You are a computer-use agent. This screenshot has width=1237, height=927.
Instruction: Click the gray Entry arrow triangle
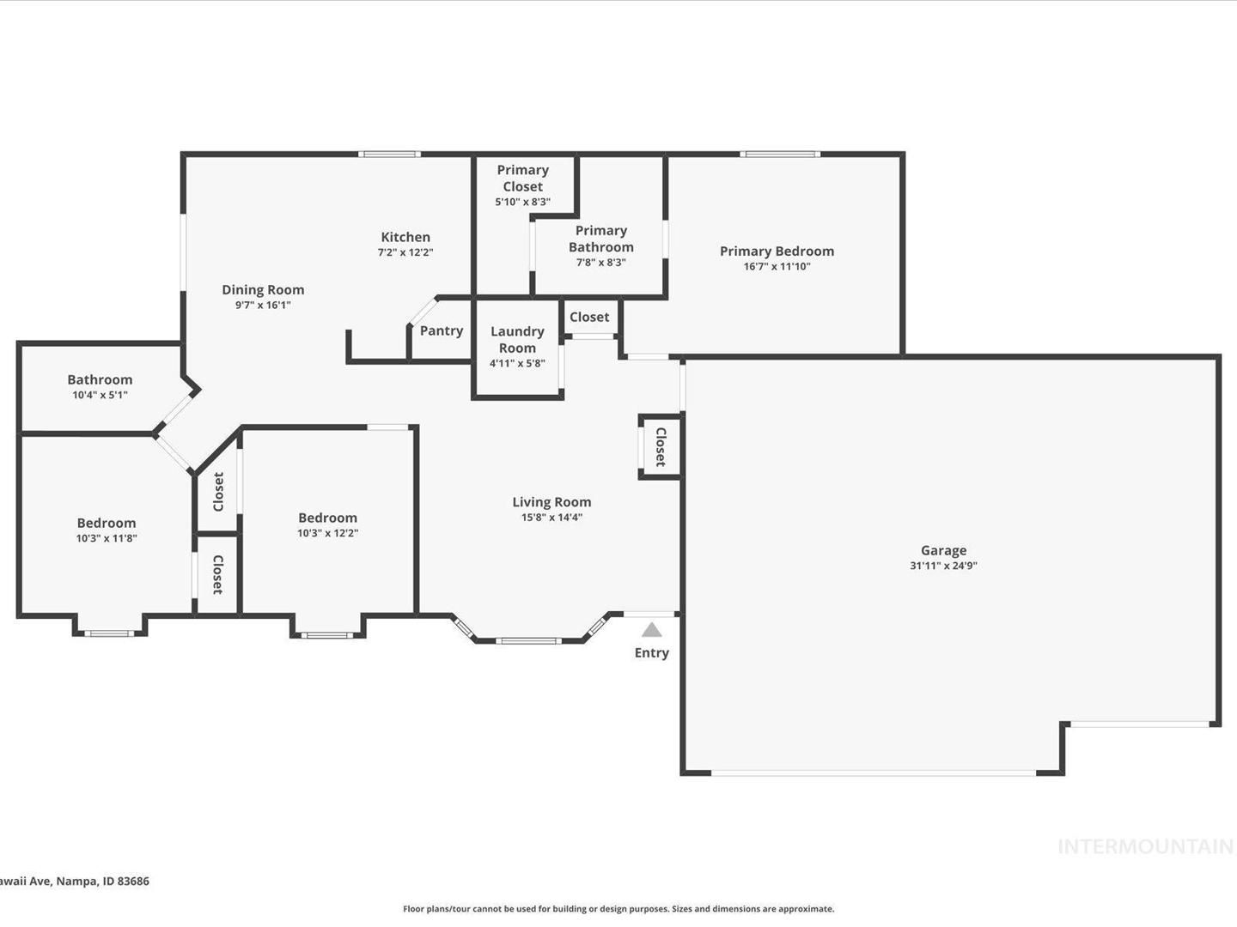651,630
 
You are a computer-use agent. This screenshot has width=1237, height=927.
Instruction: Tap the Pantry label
442,331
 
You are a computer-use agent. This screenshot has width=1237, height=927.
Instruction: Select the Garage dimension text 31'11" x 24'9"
943,566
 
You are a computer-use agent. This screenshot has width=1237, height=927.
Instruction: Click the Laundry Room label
517,340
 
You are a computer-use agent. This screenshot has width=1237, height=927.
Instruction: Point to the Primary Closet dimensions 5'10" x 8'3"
522,202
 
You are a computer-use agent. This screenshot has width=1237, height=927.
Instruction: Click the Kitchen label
405,237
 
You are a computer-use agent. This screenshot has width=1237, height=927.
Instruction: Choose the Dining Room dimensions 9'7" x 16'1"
263,305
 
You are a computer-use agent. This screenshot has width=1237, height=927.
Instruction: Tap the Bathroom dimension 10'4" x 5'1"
100,395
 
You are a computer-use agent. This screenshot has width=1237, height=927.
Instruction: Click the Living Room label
551,502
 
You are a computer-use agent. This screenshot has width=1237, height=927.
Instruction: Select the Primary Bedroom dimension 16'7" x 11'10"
777,266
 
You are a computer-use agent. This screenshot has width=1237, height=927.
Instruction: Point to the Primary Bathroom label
600,239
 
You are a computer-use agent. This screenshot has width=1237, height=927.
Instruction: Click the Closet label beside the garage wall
661,447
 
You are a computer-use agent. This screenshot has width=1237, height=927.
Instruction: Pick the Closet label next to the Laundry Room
589,317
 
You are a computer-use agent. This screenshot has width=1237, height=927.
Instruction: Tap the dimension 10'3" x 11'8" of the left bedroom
107,538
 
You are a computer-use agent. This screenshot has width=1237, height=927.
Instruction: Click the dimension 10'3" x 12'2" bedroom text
327,533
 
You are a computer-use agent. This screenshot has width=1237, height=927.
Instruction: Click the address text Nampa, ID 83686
102,881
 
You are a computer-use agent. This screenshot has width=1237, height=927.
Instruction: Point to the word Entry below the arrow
651,653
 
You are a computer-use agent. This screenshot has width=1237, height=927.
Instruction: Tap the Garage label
943,550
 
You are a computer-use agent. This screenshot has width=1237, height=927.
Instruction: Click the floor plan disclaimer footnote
618,908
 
